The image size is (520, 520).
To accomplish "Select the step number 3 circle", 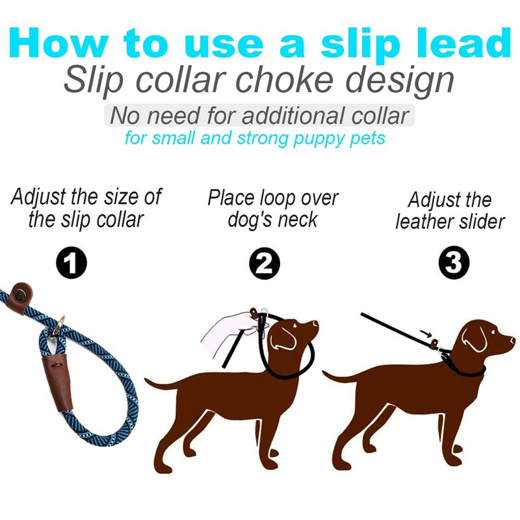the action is [x=451, y=264].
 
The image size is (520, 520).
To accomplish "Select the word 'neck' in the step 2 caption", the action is [x=299, y=219].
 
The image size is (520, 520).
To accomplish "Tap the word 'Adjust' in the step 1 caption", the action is [x=40, y=196].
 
